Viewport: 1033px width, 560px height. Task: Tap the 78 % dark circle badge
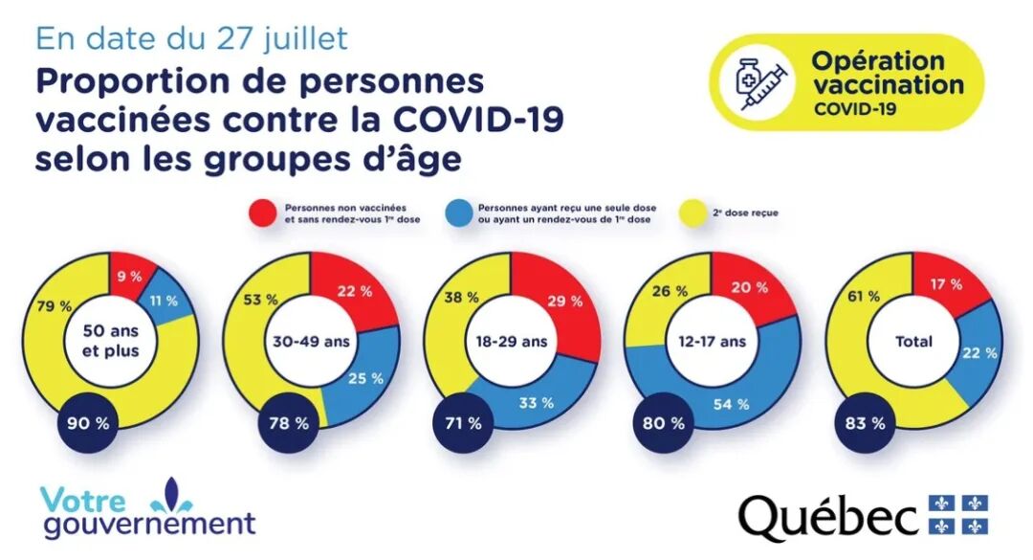point(290,423)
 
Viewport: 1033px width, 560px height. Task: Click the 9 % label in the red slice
point(129,276)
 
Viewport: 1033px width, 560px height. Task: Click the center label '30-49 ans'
point(309,341)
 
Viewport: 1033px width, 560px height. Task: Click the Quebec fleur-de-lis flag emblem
point(958,515)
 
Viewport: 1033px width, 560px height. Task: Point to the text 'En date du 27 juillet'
point(191,38)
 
